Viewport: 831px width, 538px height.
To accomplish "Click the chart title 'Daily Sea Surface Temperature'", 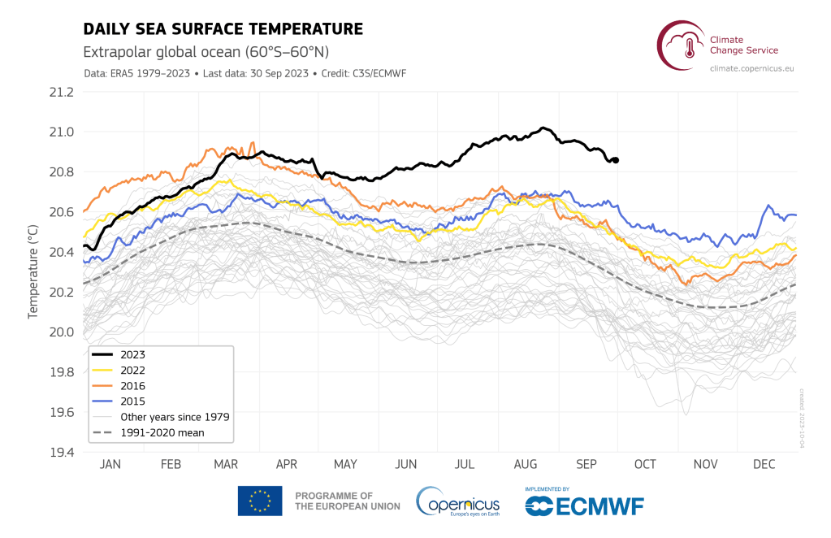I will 223,30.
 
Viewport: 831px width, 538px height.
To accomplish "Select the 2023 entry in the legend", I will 133,354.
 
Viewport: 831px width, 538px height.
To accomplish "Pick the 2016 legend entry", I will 133,386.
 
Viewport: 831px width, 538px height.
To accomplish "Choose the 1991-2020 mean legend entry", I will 162,432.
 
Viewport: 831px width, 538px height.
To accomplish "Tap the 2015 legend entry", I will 133,401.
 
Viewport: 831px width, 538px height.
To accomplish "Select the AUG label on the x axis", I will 525,465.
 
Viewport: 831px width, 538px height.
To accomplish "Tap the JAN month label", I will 110,465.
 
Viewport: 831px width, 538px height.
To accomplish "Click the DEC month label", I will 764,465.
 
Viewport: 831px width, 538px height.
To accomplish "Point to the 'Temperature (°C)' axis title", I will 34,271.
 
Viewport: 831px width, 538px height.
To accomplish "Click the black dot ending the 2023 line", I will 616,160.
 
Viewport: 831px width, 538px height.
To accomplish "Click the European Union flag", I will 260,501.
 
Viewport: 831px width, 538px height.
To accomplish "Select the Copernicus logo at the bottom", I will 459,501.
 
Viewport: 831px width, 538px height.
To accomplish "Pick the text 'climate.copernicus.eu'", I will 751,69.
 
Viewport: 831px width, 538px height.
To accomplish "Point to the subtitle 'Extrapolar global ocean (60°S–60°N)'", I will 206,52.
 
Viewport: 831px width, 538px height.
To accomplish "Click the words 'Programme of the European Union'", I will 347,501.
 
